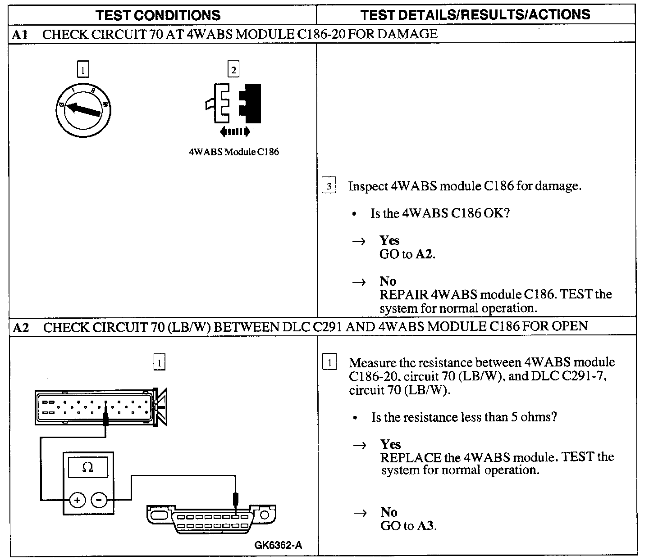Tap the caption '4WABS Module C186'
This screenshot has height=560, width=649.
coord(234,152)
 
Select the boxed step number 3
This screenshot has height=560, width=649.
coord(329,186)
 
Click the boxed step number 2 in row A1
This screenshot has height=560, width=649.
coord(233,70)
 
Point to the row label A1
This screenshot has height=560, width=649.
coord(20,34)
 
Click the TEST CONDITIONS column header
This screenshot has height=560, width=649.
coord(158,15)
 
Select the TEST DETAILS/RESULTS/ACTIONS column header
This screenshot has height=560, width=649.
coord(475,14)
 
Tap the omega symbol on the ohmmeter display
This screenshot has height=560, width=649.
coord(88,467)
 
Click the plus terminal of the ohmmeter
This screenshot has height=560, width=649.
coord(78,500)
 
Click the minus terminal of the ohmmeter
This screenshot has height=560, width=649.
coord(100,500)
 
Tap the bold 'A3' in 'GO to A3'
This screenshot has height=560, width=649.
coord(426,525)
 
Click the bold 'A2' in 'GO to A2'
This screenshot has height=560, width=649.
coord(425,254)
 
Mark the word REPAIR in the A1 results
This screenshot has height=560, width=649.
coord(403,294)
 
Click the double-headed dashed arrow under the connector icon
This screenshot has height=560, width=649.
coord(234,131)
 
